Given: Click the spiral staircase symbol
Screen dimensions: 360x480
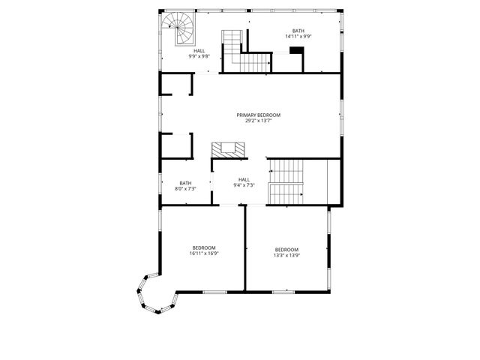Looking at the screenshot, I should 180,29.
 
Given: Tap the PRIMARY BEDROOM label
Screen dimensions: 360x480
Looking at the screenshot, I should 259,115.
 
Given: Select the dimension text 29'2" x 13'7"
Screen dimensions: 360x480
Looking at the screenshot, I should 259,121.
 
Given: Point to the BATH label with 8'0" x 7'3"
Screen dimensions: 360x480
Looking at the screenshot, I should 185,183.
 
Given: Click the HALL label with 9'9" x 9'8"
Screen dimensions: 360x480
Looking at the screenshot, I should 199,51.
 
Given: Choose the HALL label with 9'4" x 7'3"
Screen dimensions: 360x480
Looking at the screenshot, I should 244,179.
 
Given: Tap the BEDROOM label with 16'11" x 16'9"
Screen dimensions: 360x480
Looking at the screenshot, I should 204,247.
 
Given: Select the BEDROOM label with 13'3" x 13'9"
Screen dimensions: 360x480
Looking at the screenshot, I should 286,250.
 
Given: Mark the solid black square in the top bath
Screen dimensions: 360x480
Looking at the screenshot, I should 296,51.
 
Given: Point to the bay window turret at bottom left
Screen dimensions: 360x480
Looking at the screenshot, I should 155,295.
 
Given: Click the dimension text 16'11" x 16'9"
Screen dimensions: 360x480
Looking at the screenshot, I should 204,253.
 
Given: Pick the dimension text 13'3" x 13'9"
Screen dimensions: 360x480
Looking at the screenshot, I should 286,256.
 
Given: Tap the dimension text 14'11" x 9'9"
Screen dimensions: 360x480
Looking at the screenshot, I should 298,37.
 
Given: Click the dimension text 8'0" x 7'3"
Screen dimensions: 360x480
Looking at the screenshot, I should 185,189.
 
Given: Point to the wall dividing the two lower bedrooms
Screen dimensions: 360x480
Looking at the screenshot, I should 245,247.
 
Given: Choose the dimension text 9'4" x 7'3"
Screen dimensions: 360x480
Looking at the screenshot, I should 244,185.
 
